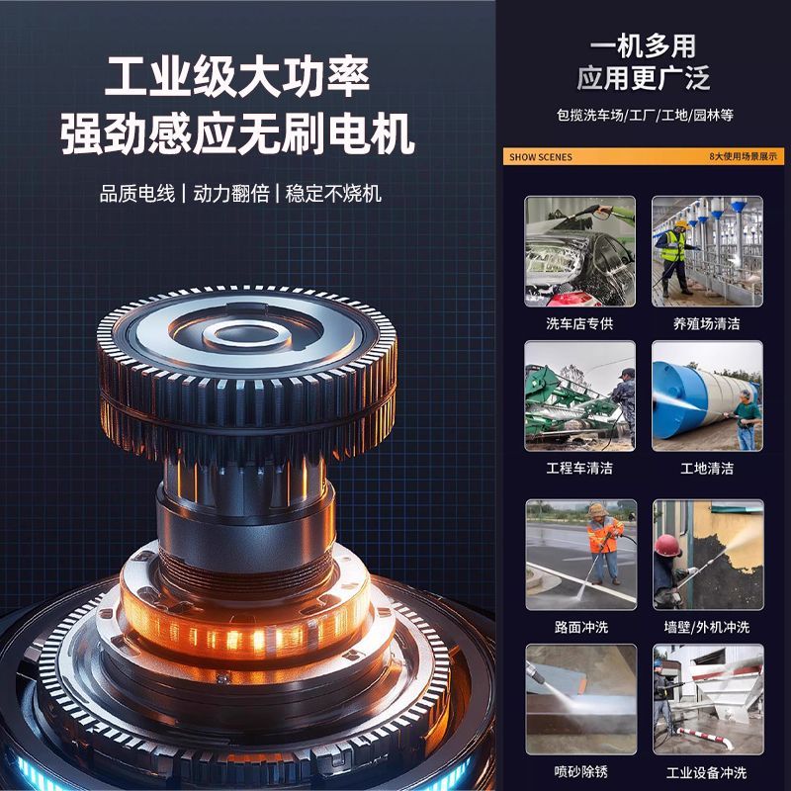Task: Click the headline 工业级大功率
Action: point(237,77)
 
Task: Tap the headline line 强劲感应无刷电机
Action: point(237,133)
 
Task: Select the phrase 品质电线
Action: point(137,194)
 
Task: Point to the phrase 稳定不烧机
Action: point(333,194)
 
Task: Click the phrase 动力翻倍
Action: point(231,194)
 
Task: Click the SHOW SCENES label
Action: point(541,157)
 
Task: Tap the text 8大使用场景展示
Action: point(744,156)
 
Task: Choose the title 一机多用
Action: point(644,46)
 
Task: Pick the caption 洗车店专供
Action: point(579,323)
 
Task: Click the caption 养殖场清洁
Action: point(707,323)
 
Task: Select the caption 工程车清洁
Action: point(579,468)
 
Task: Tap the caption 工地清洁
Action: point(707,468)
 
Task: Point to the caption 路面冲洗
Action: point(581,627)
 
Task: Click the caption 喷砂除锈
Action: point(581,772)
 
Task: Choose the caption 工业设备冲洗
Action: point(706,772)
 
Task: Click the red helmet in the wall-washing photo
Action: point(668,546)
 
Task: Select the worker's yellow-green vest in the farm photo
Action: point(673,246)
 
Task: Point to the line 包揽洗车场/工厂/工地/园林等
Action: point(645,115)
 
